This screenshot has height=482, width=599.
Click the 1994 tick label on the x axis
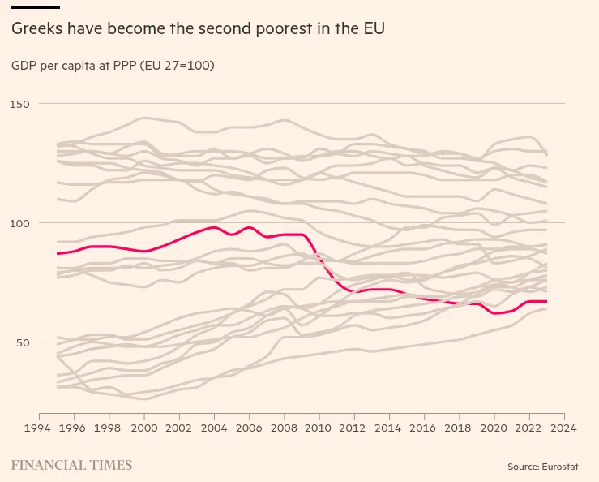(38, 428)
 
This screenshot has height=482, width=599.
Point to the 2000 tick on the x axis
(143, 428)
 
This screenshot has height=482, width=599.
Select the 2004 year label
(214, 428)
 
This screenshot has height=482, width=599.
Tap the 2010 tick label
(319, 428)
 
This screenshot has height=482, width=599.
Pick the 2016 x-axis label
(424, 428)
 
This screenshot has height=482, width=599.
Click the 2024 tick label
(564, 428)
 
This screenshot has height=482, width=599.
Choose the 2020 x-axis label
(494, 428)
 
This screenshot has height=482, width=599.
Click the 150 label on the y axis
(21, 104)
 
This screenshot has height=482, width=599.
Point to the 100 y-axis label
(21, 223)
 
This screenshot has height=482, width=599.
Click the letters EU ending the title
(374, 29)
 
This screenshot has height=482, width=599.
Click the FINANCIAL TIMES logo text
(71, 466)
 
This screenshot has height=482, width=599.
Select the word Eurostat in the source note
(564, 467)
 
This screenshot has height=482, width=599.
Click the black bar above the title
(36, 7)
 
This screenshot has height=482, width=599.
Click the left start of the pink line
(57, 254)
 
